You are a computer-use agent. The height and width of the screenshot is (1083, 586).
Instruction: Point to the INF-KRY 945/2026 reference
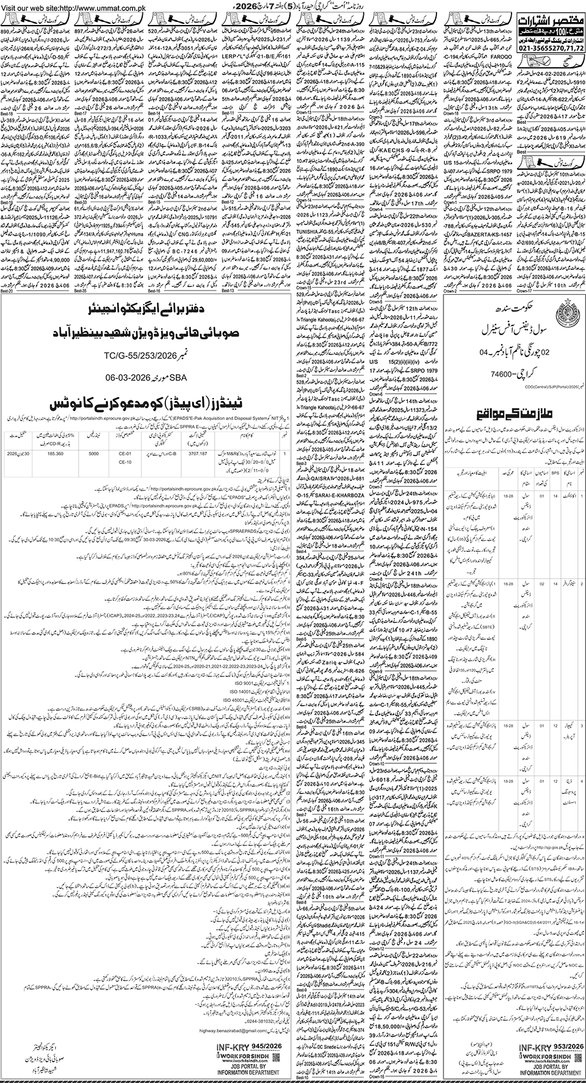(x=247, y=1045)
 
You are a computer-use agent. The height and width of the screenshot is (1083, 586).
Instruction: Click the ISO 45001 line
(x=237, y=699)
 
